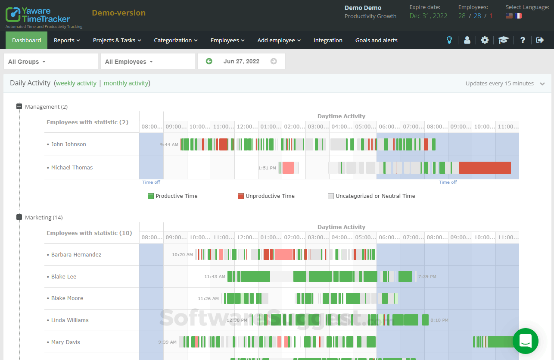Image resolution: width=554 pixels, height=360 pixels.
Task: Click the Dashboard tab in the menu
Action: (x=26, y=40)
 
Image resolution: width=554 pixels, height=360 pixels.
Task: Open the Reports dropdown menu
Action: (x=67, y=40)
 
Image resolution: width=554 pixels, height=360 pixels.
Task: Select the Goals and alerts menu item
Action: (x=376, y=40)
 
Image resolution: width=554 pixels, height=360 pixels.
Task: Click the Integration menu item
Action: (x=328, y=40)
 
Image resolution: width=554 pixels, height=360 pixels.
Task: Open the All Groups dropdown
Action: (x=50, y=62)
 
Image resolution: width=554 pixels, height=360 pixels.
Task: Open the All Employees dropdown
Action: (x=147, y=62)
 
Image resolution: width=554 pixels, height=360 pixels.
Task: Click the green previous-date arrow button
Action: (x=209, y=61)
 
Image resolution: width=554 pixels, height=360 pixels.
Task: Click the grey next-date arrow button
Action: (x=274, y=61)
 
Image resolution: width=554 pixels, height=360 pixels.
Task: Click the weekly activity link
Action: (x=76, y=83)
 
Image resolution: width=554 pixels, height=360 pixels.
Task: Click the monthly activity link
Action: (x=126, y=83)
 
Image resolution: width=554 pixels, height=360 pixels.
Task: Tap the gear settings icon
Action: (x=485, y=40)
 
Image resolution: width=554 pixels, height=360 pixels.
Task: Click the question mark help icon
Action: (x=523, y=40)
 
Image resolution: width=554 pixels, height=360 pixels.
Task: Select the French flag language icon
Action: (x=518, y=16)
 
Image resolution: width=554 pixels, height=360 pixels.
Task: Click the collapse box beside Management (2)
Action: (x=19, y=106)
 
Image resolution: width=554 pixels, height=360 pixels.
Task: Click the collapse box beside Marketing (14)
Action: (x=19, y=217)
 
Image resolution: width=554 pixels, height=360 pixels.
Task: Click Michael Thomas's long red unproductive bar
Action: (x=485, y=168)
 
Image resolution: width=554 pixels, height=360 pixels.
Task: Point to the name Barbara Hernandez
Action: (x=76, y=255)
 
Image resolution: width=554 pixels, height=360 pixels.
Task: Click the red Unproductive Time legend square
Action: (x=241, y=196)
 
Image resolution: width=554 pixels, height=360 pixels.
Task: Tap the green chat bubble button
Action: (x=526, y=341)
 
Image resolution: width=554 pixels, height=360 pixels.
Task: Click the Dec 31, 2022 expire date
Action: (x=428, y=16)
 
